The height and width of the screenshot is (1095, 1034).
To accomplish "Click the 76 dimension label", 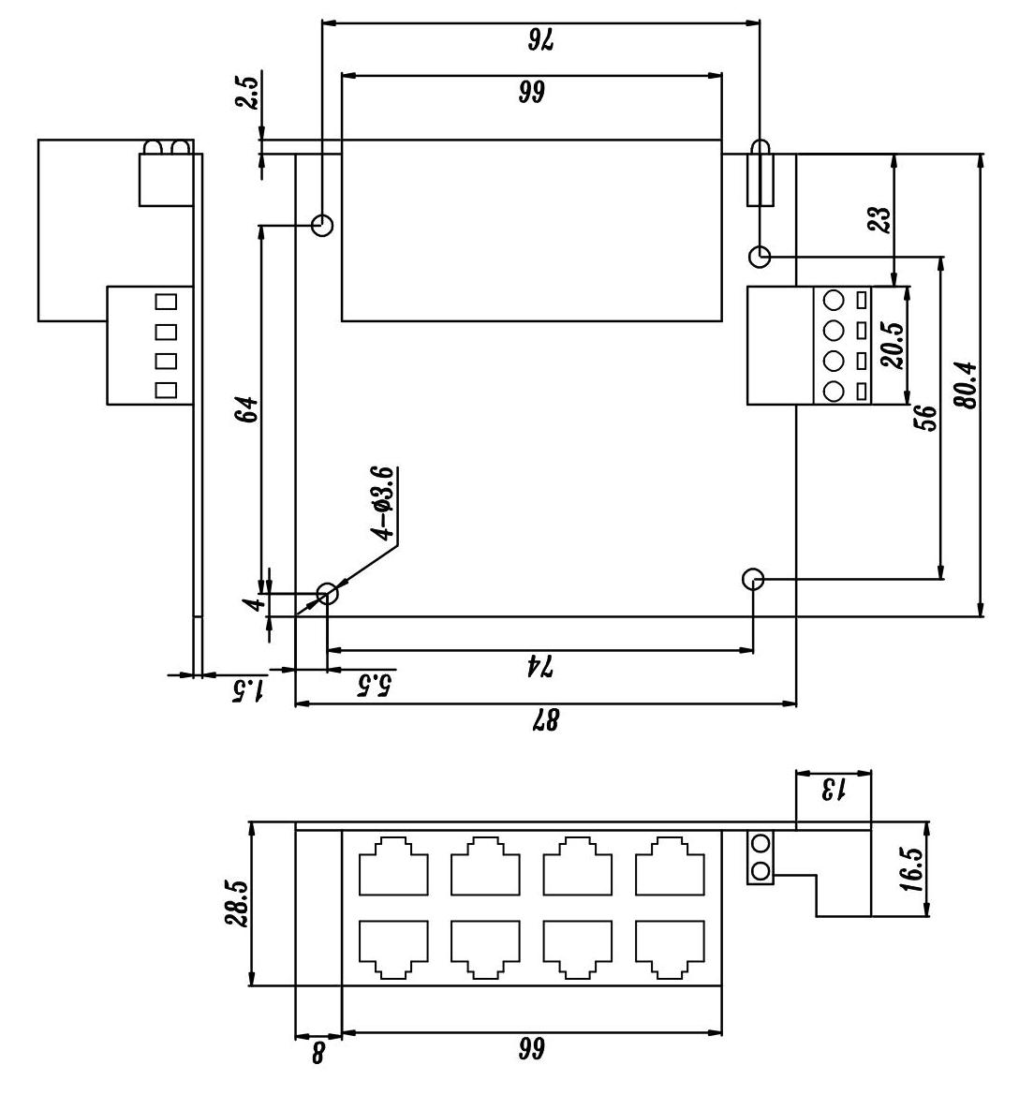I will [x=540, y=39].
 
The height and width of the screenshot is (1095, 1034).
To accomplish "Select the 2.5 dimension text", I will [x=247, y=94].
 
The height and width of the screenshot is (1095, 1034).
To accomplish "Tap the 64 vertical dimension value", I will [x=246, y=409].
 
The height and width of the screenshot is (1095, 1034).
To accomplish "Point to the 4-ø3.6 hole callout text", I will [x=384, y=504].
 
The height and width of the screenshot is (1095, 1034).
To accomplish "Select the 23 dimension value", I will [x=879, y=220].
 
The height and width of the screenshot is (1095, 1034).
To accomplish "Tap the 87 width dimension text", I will [x=545, y=719].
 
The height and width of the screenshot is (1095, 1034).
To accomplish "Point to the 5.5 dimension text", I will [x=373, y=687].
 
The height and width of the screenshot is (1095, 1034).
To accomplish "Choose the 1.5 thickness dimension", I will [x=248, y=690].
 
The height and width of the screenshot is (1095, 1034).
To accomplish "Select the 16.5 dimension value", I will [x=913, y=870].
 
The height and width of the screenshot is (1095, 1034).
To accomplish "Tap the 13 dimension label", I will [x=833, y=789].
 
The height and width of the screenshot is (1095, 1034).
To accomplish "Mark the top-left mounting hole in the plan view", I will [x=323, y=225].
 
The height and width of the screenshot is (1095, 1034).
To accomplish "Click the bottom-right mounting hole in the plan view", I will [x=753, y=579].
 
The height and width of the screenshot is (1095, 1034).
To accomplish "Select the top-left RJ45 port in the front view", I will [x=392, y=866].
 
